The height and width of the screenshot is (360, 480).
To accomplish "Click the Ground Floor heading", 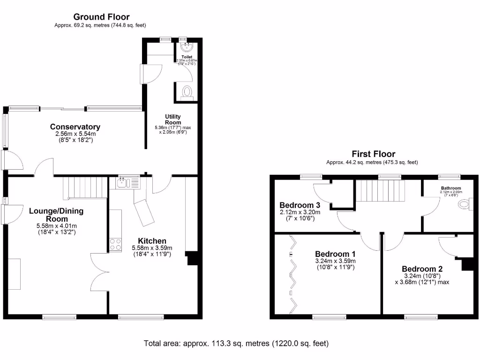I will [x=101, y=17].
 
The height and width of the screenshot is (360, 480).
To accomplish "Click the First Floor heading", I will [x=373, y=154].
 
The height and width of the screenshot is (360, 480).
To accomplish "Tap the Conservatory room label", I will [x=75, y=127].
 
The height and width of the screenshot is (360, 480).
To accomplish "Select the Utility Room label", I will [x=172, y=120].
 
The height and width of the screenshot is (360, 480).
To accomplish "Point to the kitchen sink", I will [x=123, y=183].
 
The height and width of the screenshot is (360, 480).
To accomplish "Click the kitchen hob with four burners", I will [x=115, y=244].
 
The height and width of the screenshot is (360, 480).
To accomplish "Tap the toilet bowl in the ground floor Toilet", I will [x=187, y=92].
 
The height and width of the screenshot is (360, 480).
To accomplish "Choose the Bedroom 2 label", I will [x=422, y=269].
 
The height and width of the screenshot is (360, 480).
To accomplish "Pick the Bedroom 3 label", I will [x=300, y=205].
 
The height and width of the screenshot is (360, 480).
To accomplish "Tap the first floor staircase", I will [x=380, y=191].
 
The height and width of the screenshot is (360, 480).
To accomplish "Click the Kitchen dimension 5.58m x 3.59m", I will [x=153, y=248].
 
